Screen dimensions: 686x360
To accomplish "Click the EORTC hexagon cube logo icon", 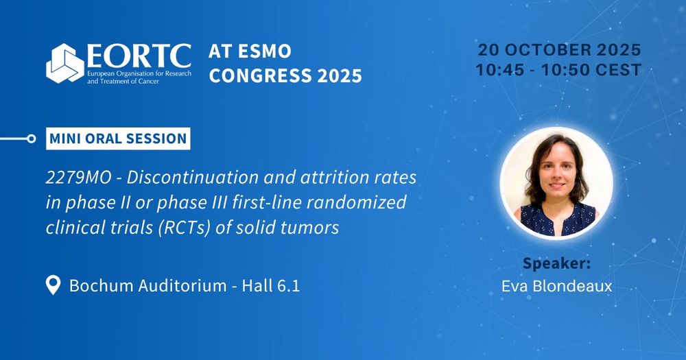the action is (x=65, y=63).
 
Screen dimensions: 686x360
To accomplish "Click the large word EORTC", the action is (x=139, y=56).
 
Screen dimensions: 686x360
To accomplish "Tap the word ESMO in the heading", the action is (x=264, y=51).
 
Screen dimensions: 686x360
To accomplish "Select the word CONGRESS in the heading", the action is (x=260, y=75).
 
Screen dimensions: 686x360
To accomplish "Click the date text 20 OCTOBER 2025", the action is (x=559, y=50).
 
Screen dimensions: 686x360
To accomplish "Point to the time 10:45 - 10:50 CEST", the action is (x=558, y=70).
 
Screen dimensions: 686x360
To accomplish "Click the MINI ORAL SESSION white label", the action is (x=118, y=139).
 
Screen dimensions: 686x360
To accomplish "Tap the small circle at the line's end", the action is (x=31, y=139).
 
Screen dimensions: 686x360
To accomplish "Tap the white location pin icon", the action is (x=53, y=285).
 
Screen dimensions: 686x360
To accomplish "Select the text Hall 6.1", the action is (x=271, y=286).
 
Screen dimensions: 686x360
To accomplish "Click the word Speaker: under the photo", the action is (x=557, y=264).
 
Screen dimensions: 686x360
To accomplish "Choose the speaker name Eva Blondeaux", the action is (x=557, y=286).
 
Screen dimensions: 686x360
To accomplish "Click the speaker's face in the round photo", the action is (x=557, y=172).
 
